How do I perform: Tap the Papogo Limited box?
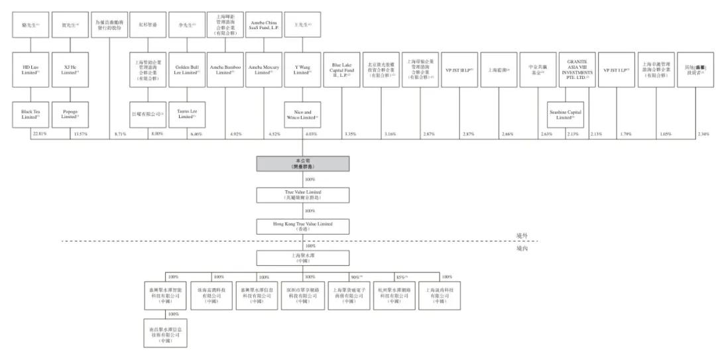[x=70, y=114]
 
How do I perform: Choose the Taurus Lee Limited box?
[x=187, y=114]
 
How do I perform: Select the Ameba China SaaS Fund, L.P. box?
[x=265, y=24]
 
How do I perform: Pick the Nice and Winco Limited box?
[x=302, y=114]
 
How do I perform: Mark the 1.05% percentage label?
[x=665, y=134]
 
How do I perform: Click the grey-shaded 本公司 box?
[x=302, y=164]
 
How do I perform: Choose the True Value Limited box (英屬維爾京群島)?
[x=302, y=195]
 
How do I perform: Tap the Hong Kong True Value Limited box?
[x=302, y=226]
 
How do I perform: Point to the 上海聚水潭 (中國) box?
[x=302, y=257]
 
